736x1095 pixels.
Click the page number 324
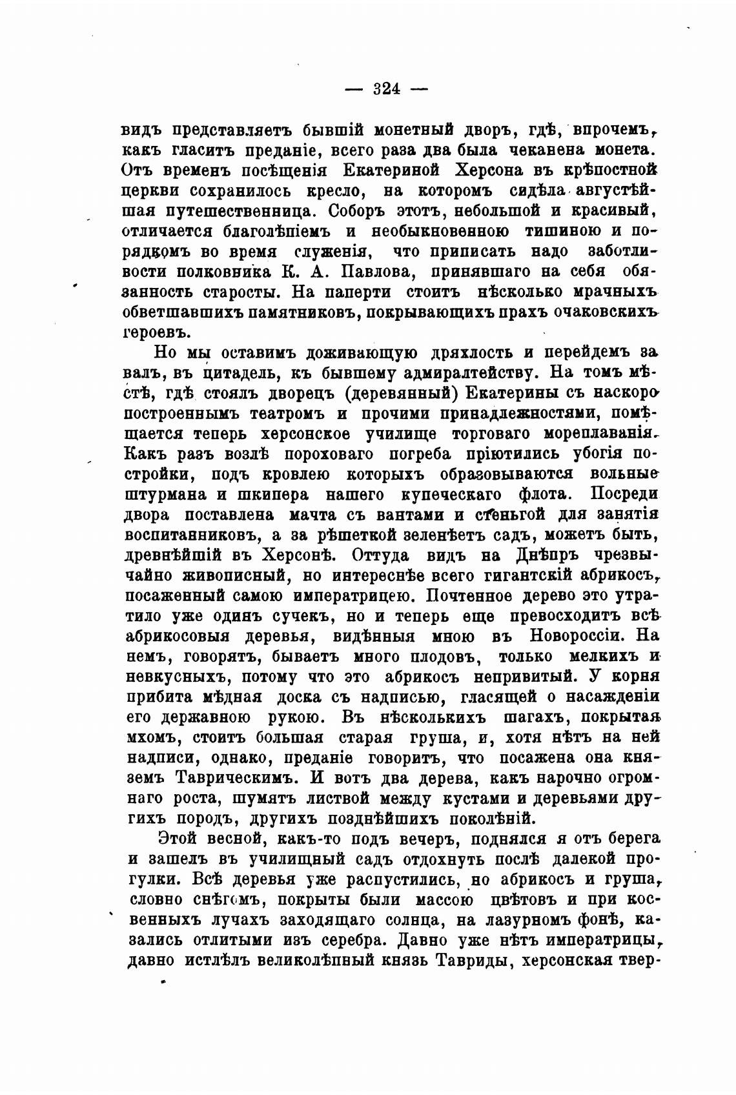(x=387, y=88)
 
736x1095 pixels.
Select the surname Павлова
(x=368, y=271)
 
